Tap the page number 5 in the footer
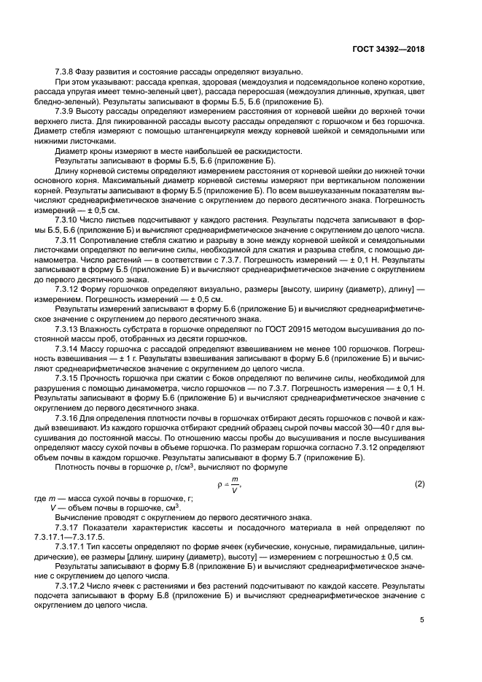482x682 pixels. tap(422, 620)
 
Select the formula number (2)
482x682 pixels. tap(419, 485)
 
